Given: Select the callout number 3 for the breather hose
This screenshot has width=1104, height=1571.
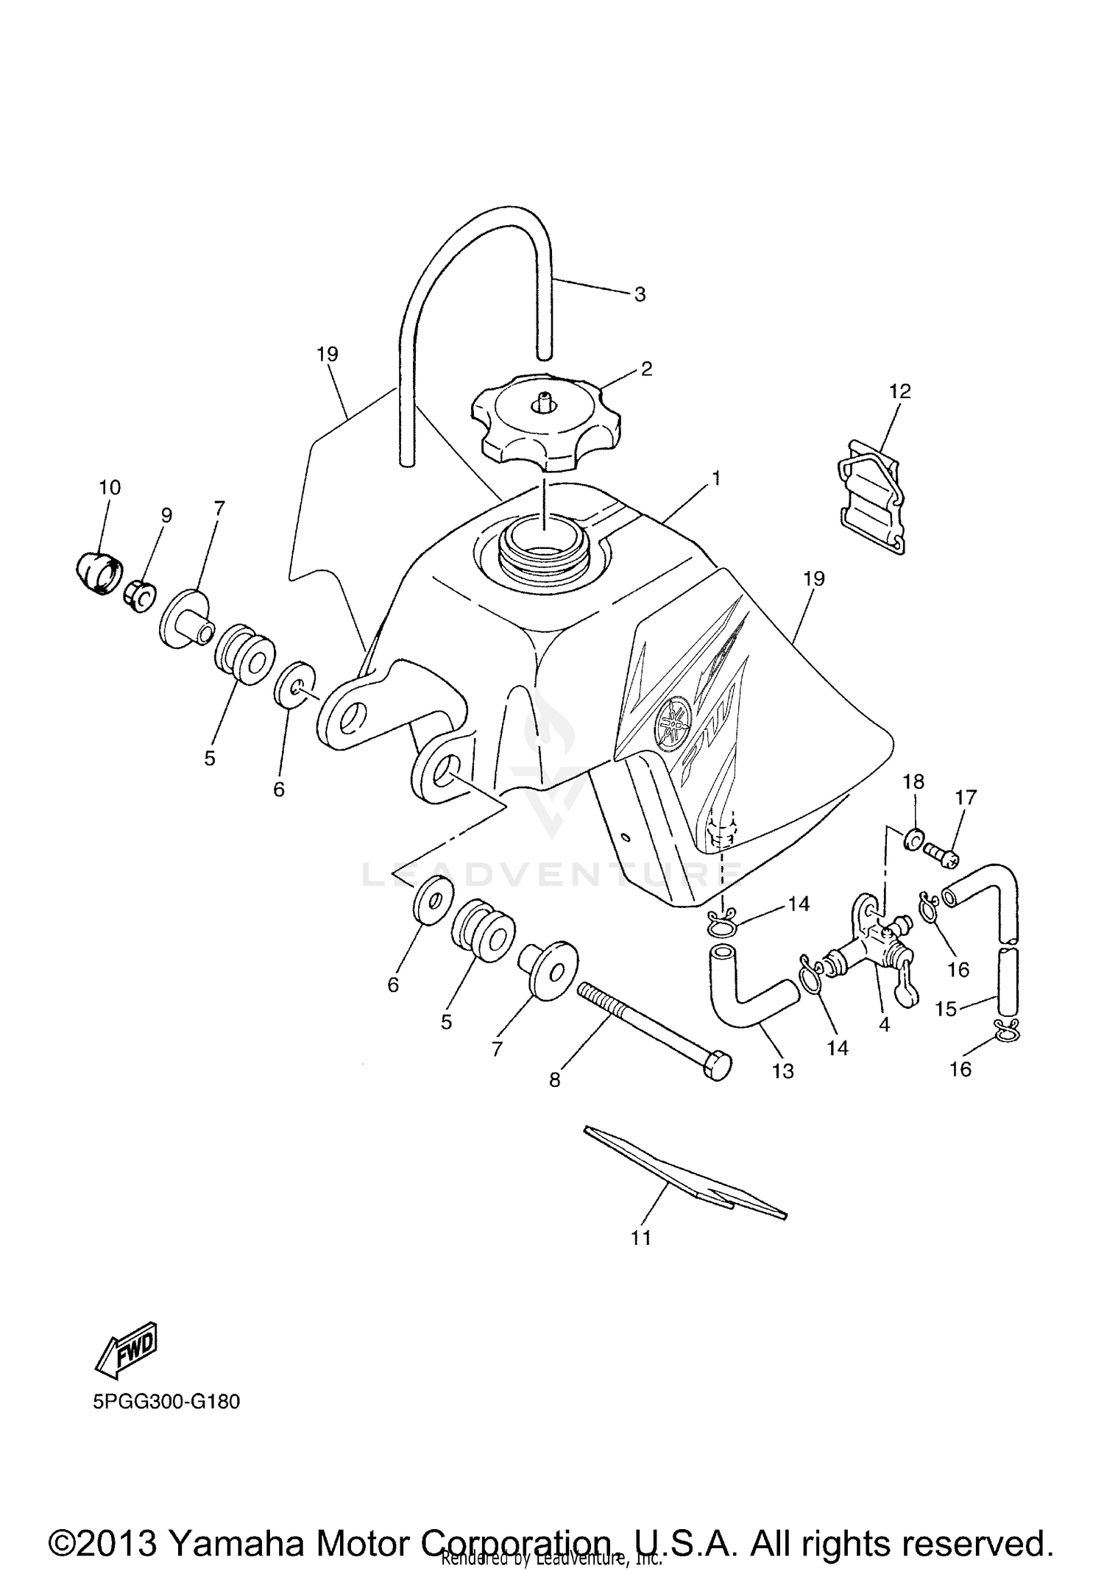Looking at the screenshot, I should [x=640, y=294].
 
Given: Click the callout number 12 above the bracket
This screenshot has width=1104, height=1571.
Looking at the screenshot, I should [x=899, y=391].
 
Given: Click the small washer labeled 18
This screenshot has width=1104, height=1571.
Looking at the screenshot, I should [x=913, y=837].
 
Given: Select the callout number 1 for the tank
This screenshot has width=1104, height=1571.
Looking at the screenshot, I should [x=715, y=479].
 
